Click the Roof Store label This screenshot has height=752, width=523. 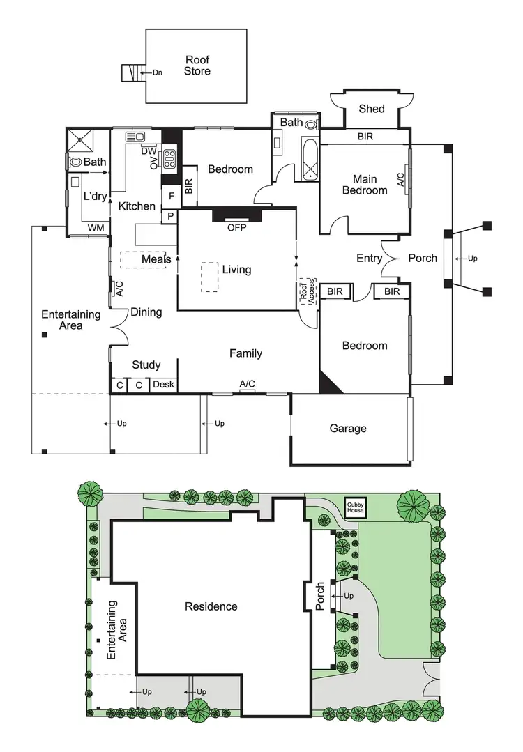[x=197, y=66]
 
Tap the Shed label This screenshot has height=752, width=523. [x=371, y=109]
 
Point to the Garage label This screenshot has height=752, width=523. [x=348, y=429]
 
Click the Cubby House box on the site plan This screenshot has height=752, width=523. [x=355, y=508]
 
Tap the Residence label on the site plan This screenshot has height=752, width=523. [x=211, y=606]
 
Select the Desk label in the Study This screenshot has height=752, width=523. [x=163, y=385]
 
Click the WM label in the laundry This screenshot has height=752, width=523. [x=96, y=228]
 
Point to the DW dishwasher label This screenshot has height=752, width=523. [x=149, y=151]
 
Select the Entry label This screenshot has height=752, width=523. [x=369, y=259]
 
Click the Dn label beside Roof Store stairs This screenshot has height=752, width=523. [x=157, y=72]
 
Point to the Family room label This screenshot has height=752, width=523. [x=245, y=353]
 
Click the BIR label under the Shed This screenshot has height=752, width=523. [x=365, y=137]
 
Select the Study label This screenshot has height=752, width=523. [x=146, y=365]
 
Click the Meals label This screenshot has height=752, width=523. [x=156, y=259]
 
